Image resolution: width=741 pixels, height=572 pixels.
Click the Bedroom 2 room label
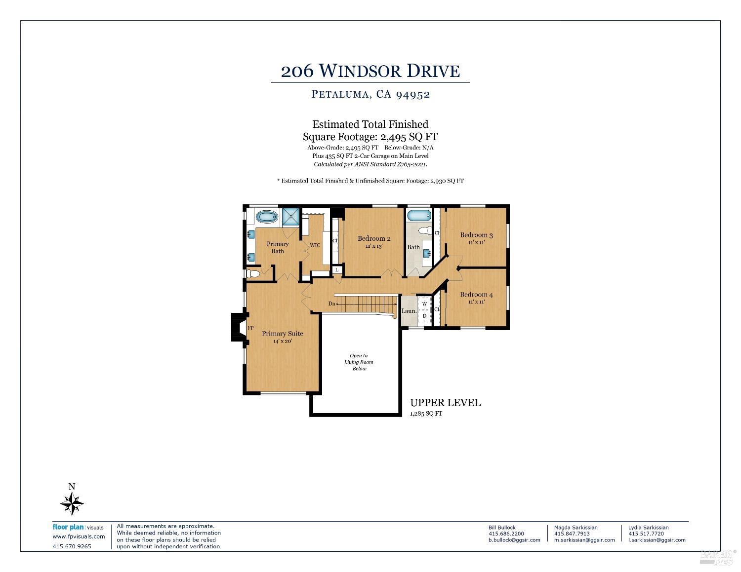point(374,238)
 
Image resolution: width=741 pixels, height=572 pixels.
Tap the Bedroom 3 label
point(476,235)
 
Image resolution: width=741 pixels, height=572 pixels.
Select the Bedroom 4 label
point(476,294)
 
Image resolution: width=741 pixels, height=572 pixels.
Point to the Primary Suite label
point(283,334)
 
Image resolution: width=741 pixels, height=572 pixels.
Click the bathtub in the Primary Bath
point(267,217)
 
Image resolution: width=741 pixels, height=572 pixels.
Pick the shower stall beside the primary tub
point(290,216)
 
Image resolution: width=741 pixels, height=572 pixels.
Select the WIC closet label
point(315,245)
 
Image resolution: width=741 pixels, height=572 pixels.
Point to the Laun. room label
point(409,311)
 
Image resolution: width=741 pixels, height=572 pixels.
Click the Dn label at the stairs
point(332,304)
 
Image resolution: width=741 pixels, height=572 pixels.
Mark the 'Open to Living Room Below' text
point(359,362)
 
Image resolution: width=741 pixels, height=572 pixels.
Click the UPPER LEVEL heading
point(446,403)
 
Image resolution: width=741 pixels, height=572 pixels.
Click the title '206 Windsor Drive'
point(370,71)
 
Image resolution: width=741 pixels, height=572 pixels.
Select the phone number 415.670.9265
point(72,546)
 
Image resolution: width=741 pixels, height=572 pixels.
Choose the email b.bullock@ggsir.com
point(514,540)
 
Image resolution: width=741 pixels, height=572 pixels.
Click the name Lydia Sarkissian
point(648,528)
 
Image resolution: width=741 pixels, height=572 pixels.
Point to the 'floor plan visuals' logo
point(78,528)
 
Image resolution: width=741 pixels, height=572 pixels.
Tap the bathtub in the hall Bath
point(419,215)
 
